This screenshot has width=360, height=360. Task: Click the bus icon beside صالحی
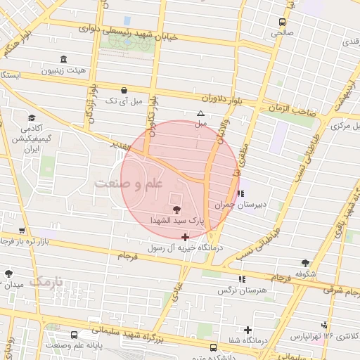pyautogui.click(x=282, y=22)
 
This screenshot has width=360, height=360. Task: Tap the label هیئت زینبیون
pyautogui.click(x=65, y=71)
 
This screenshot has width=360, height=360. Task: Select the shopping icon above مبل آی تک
pyautogui.click(x=124, y=90)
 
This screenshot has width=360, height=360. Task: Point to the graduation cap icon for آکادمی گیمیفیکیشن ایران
pyautogui.click(x=32, y=117)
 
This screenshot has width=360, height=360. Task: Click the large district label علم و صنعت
pyautogui.click(x=129, y=184)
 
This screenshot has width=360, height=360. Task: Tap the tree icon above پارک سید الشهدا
pyautogui.click(x=176, y=210)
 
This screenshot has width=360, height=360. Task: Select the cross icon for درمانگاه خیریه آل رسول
pyautogui.click(x=185, y=237)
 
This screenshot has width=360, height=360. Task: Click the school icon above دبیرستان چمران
pyautogui.click(x=241, y=193)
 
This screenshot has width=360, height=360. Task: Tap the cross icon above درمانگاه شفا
pyautogui.click(x=247, y=330)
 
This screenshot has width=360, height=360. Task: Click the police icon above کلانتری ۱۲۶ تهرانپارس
pyautogui.click(x=323, y=325)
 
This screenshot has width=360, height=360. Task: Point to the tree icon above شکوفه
pyautogui.click(x=304, y=262)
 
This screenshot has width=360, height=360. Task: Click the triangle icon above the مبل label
pyautogui.click(x=201, y=112)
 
